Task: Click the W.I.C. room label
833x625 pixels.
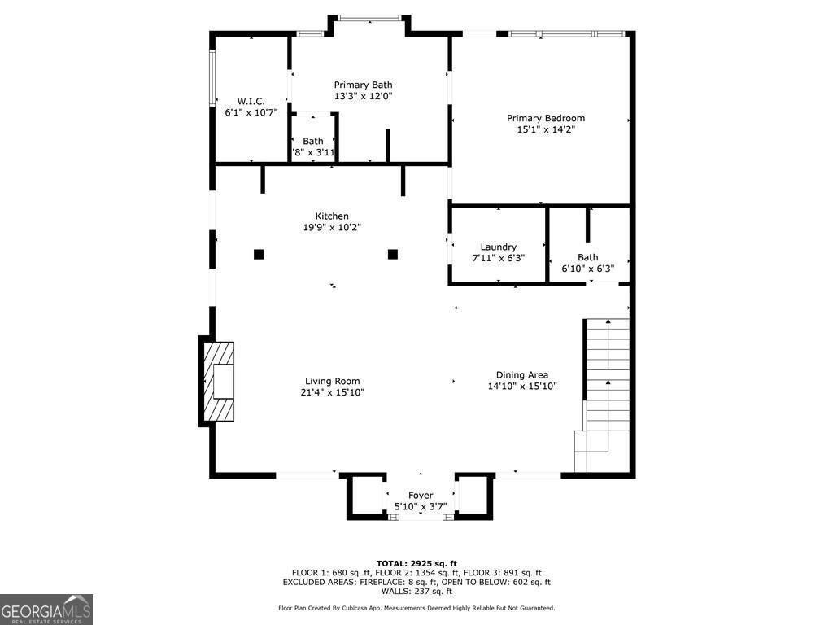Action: [251, 101]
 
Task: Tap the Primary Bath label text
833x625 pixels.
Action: [363, 85]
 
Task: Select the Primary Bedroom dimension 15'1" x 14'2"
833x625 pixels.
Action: [545, 129]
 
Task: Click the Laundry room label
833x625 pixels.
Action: [498, 247]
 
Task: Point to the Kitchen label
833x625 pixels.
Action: [332, 216]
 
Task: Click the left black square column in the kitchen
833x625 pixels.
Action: [259, 254]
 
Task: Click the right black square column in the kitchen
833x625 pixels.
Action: [392, 254]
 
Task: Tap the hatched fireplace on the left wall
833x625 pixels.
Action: [218, 381]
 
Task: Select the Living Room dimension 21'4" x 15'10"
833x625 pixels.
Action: [332, 392]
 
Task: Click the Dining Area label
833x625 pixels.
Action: [521, 375]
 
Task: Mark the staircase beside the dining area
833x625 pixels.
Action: [606, 382]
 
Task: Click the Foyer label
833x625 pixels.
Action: [421, 495]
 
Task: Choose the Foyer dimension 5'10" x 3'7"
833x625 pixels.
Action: [421, 506]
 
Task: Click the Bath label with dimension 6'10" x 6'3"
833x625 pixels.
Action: [587, 257]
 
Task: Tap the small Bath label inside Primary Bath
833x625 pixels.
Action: [313, 141]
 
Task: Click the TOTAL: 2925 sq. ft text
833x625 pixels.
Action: [416, 563]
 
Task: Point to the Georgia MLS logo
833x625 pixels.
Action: [46, 610]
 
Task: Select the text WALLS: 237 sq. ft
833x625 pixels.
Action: [416, 592]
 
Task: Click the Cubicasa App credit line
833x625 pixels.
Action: [416, 608]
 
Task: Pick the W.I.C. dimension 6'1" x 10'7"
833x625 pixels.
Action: [251, 112]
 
